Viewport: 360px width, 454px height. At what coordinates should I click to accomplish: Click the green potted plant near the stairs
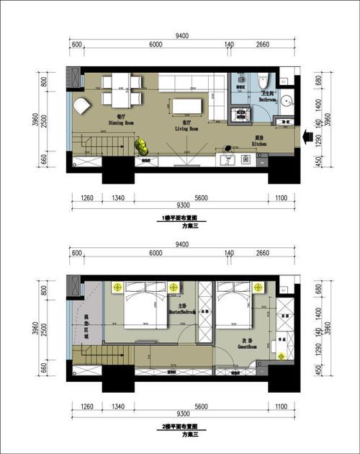point(141,146)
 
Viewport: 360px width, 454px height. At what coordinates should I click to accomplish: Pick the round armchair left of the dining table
point(81,105)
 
